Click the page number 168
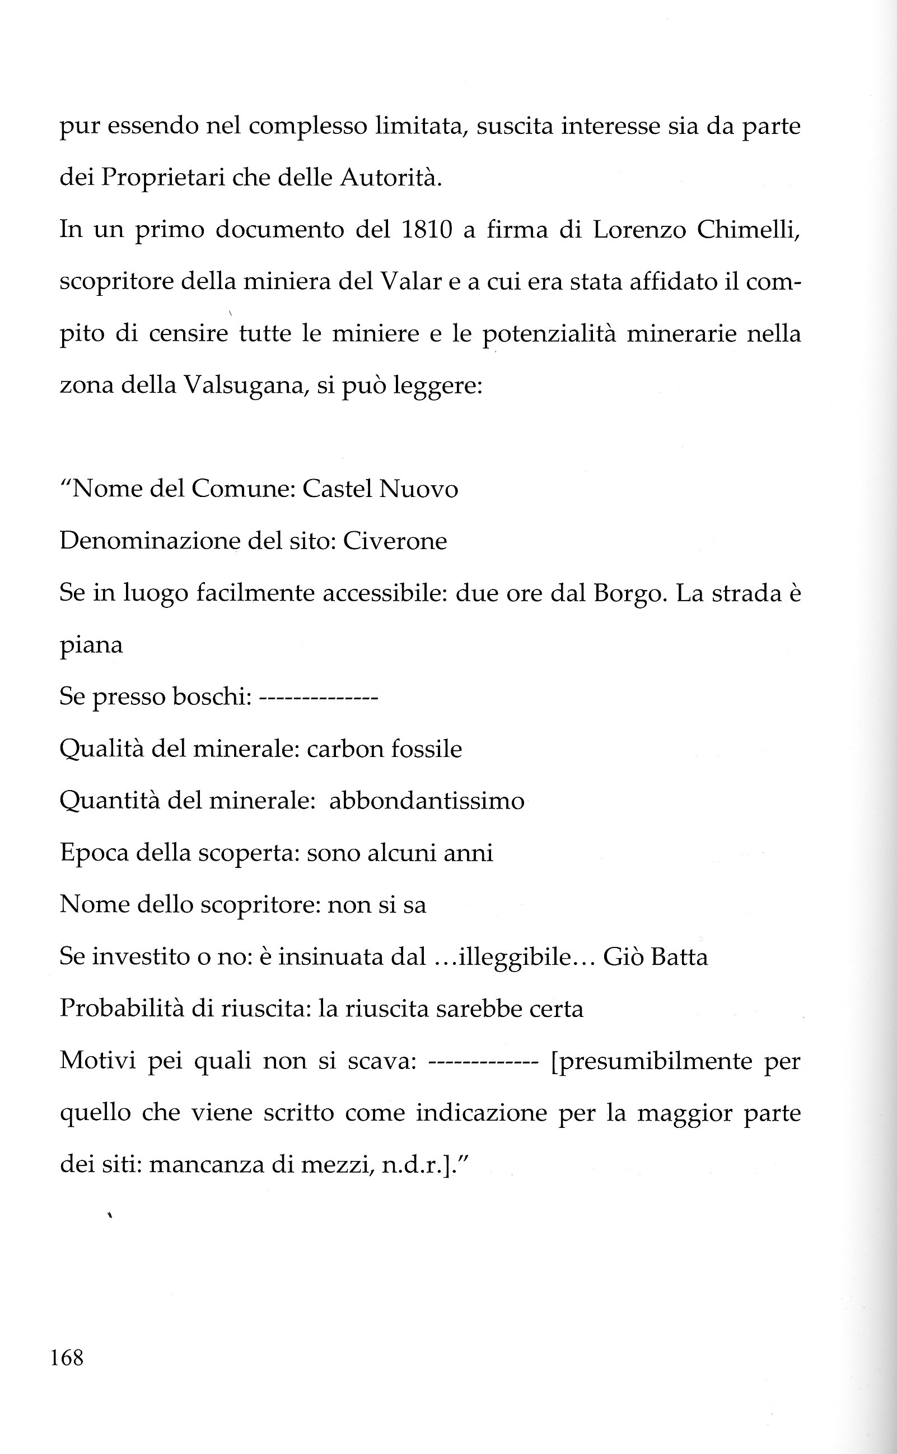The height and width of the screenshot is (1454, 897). click(x=67, y=1357)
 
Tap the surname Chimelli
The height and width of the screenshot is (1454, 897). click(x=748, y=230)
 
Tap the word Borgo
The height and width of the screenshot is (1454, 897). click(x=628, y=593)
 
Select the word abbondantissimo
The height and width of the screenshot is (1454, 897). click(x=427, y=801)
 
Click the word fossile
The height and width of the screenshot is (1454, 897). click(x=427, y=749)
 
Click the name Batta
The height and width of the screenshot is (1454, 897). click(x=679, y=956)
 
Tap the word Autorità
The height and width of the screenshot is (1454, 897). click(x=390, y=178)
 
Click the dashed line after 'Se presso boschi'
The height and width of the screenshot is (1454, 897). click(x=319, y=698)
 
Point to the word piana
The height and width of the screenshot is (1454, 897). click(x=91, y=645)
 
